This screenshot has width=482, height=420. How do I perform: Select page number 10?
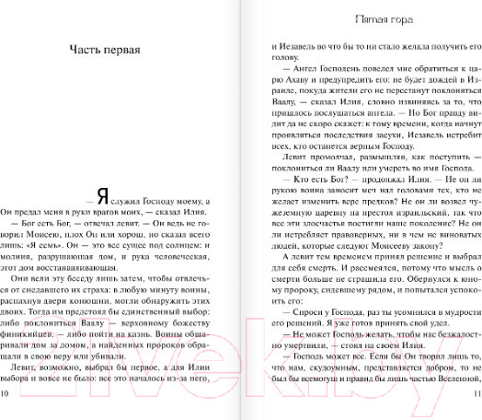(x=7, y=394)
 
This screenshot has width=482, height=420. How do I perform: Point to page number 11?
(x=474, y=394)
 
